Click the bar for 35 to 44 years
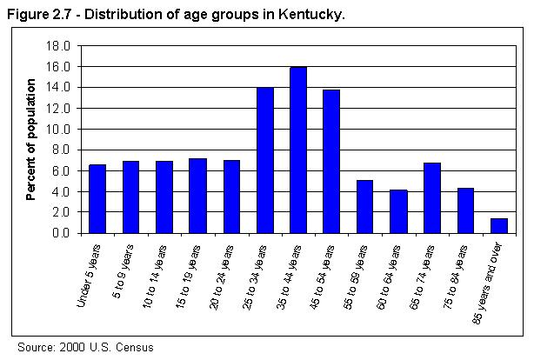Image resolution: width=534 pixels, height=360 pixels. [x=298, y=150]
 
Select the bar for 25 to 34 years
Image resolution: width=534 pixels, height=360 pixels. [x=264, y=160]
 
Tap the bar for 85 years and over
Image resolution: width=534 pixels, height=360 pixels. [x=499, y=226]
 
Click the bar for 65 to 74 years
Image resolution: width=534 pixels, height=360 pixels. [x=432, y=198]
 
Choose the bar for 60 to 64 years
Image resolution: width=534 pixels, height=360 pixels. [x=398, y=211]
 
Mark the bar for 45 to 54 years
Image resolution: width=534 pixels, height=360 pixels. [x=331, y=161]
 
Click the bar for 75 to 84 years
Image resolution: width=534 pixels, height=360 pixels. [x=465, y=210]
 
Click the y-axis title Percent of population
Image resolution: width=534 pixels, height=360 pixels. [x=30, y=139]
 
